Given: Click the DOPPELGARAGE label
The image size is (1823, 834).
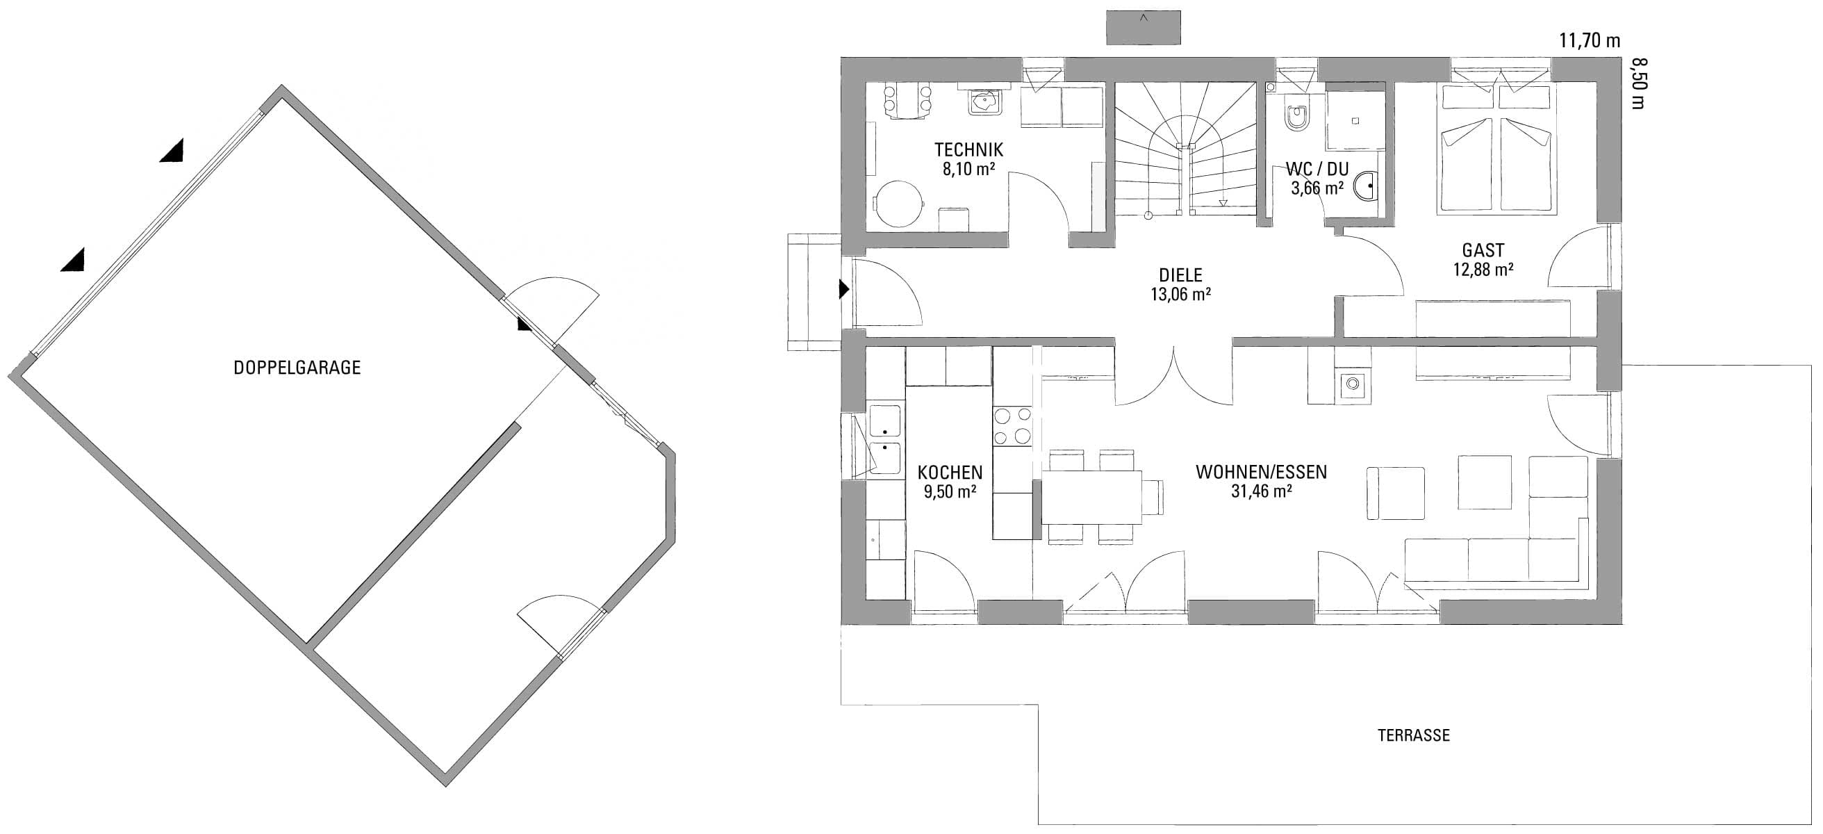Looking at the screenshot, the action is (x=297, y=368).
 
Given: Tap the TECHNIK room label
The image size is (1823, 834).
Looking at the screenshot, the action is (x=969, y=149).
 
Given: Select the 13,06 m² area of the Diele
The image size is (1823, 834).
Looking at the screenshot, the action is (x=1180, y=295).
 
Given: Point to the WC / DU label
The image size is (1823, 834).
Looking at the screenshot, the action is (x=1317, y=169).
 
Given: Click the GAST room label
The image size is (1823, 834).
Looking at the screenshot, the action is (x=1483, y=250).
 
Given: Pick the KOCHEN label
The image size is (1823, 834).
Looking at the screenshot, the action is (x=950, y=472).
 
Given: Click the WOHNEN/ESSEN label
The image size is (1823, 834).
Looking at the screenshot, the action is (x=1261, y=472).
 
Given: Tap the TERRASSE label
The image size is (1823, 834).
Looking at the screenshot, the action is (x=1413, y=735).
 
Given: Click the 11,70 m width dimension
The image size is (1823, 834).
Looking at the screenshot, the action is (x=1590, y=40).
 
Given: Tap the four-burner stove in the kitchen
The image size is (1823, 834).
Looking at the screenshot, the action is (x=1013, y=426).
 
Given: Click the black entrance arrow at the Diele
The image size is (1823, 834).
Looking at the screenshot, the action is (x=844, y=289).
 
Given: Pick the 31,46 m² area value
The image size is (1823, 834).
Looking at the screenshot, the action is (x=1261, y=491).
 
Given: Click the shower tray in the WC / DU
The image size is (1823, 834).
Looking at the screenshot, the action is (x=1355, y=120).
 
